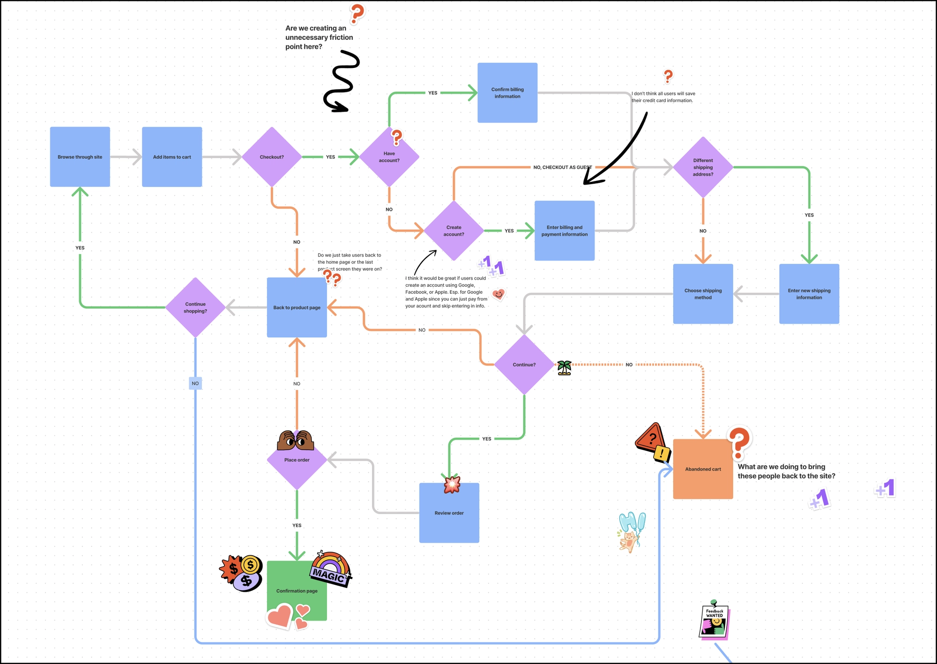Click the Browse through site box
(80, 157)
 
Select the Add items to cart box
(172, 157)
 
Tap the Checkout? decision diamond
(272, 157)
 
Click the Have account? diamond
(389, 159)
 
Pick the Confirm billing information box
(507, 93)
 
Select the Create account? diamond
(454, 231)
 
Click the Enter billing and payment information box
(565, 231)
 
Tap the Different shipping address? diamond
(703, 167)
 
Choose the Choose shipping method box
(703, 294)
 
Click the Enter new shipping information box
(809, 294)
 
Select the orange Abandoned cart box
(703, 469)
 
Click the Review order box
(449, 513)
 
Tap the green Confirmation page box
(297, 590)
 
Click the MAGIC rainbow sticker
(331, 568)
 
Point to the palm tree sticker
(565, 368)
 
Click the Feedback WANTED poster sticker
(714, 621)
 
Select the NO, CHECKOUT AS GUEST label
(562, 167)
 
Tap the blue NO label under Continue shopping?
(195, 383)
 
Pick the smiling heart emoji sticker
(499, 294)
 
